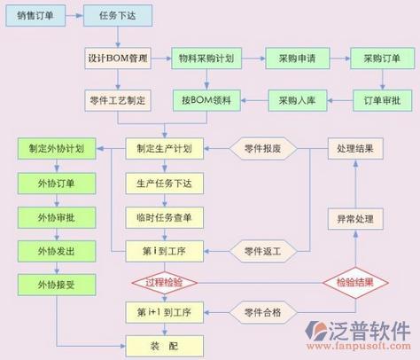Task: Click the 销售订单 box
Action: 35,15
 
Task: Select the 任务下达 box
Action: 118,15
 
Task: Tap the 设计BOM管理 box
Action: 118,59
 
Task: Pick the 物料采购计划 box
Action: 206,59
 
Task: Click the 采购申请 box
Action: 298,59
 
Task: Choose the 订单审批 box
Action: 382,100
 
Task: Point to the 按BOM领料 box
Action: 206,100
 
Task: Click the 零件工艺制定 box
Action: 118,100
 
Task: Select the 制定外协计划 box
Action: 57,148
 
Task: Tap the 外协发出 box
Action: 57,251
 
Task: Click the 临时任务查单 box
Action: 165,217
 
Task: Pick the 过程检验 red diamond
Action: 165,283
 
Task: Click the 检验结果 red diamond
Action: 355,283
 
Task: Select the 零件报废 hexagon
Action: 263,148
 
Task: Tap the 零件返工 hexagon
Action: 263,251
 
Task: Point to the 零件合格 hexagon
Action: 263,312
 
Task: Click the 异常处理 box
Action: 355,219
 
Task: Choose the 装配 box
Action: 165,346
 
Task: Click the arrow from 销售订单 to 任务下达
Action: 74,15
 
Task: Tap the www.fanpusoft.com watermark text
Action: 359,346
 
